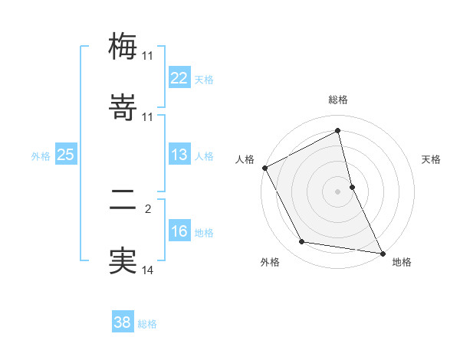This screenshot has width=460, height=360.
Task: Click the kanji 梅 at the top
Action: (123, 46)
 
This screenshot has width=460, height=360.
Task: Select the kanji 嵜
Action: (123, 108)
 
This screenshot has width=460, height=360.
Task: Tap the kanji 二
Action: (123, 200)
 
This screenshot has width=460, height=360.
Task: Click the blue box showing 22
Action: (179, 77)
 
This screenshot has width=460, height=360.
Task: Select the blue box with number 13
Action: (179, 155)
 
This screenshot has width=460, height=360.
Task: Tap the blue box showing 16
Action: (179, 231)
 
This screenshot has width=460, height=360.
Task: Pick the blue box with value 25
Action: (66, 155)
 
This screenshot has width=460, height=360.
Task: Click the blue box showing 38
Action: (123, 322)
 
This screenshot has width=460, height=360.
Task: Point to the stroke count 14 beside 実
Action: (148, 270)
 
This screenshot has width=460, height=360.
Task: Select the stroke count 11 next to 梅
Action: (148, 55)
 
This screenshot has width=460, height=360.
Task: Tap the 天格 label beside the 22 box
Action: (204, 79)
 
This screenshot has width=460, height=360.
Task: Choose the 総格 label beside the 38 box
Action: (147, 324)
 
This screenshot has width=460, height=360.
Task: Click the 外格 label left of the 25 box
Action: (41, 156)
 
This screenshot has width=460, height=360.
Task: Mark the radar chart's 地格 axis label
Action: (402, 262)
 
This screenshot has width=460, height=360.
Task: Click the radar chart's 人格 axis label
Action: (245, 159)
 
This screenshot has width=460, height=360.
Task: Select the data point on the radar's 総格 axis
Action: (338, 130)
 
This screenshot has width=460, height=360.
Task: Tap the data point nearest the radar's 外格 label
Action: (302, 243)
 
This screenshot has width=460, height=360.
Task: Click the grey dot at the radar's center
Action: (338, 191)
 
